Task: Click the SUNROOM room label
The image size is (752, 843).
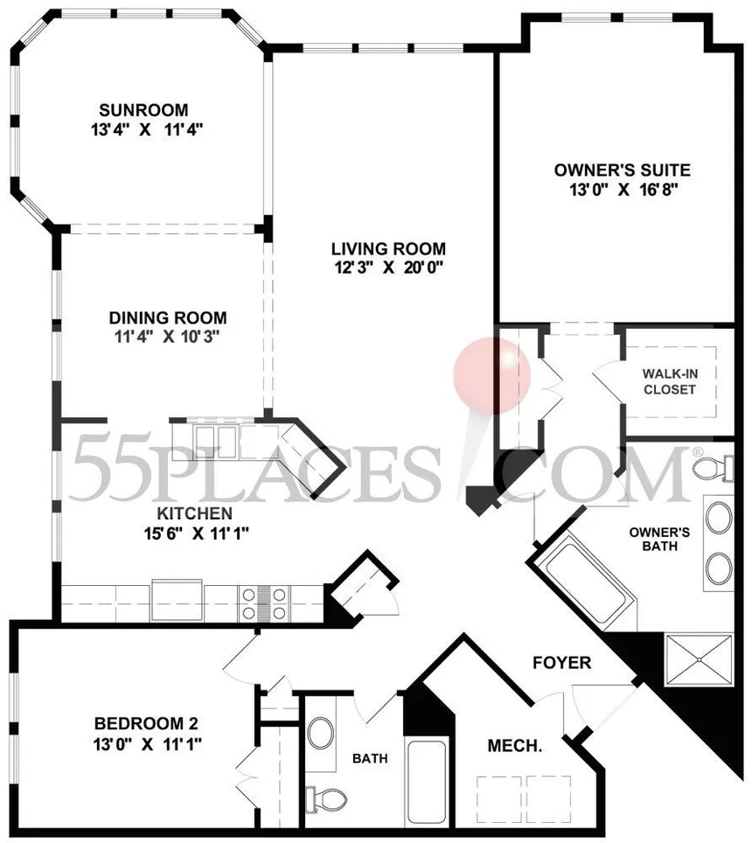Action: click(143, 110)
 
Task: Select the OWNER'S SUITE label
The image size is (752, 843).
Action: click(623, 170)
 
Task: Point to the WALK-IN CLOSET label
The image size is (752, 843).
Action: click(670, 380)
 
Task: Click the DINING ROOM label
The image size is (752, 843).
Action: click(168, 317)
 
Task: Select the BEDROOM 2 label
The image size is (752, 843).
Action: click(147, 723)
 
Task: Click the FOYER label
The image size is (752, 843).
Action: click(561, 663)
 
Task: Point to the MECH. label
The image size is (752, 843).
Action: click(515, 747)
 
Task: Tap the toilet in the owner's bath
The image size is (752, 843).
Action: click(714, 467)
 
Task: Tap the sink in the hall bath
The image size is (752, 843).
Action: click(321, 733)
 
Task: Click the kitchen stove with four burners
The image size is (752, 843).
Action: click(265, 603)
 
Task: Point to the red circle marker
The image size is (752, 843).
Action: click(492, 374)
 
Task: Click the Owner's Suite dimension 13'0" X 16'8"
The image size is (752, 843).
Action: click(623, 189)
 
